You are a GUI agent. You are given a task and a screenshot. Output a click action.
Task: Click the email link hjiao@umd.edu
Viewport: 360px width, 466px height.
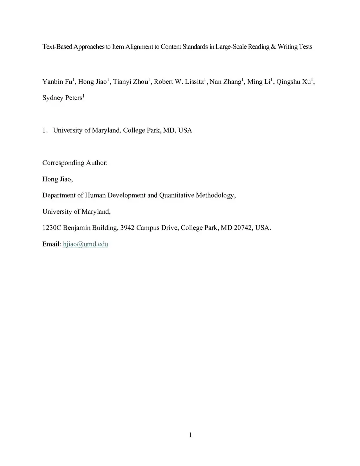[85, 244]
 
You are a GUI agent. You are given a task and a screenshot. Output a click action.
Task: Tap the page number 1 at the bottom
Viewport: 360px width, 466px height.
[191, 435]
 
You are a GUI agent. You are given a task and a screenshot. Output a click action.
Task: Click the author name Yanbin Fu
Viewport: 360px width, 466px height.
[57, 82]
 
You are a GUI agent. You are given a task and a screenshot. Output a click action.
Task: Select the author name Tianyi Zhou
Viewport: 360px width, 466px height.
[130, 82]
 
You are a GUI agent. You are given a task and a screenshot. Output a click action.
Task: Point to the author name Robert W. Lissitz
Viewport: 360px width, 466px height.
[179, 82]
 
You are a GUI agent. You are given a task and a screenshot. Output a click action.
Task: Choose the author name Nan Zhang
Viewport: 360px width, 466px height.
[225, 82]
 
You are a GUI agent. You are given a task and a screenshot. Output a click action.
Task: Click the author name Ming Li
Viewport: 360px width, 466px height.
[258, 82]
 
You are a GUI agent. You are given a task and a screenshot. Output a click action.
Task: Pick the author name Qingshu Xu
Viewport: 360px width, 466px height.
[293, 82]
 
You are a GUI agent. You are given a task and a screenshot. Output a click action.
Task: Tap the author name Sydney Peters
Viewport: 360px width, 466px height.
[62, 98]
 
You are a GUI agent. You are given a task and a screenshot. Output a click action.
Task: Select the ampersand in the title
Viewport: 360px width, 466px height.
[273, 47]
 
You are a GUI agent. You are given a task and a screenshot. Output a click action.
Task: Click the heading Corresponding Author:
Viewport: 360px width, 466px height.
[75, 163]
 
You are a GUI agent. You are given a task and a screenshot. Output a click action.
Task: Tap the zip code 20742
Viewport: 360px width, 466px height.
[243, 228]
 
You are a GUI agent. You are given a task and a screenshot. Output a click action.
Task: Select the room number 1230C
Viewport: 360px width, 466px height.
[52, 228]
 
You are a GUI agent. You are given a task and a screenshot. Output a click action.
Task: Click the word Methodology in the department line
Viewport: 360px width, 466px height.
[215, 196]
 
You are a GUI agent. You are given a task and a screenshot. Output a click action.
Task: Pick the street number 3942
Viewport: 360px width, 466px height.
[127, 228]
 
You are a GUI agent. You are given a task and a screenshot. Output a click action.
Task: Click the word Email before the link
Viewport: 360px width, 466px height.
[51, 244]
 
